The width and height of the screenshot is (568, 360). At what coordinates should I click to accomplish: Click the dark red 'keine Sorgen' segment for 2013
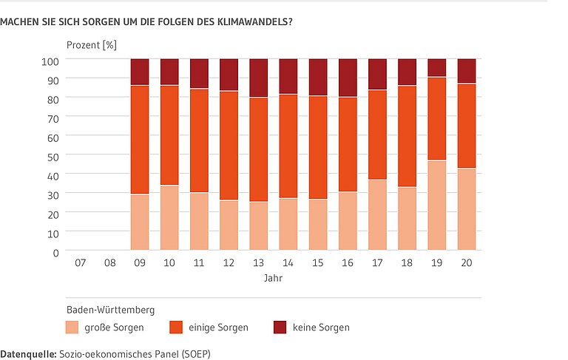(258, 78)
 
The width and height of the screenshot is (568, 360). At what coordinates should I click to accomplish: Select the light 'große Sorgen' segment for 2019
(436, 205)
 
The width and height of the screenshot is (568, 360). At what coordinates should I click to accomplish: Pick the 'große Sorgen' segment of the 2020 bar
(467, 209)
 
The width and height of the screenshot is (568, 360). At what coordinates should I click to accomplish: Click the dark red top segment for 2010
(169, 72)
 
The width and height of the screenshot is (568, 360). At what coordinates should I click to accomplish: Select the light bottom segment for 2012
(229, 225)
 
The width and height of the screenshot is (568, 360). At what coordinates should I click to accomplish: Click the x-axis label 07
(80, 262)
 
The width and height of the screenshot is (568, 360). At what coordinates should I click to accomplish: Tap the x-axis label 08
(109, 262)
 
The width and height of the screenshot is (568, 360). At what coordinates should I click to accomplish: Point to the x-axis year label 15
(318, 262)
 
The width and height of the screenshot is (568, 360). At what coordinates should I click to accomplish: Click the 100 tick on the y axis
(49, 59)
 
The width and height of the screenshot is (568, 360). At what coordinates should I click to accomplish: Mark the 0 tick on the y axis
(55, 251)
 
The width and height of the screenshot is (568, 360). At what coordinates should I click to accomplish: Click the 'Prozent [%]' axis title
(92, 44)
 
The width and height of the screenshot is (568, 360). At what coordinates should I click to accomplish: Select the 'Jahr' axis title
(273, 279)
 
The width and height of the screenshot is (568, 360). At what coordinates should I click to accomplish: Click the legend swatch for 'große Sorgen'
(72, 327)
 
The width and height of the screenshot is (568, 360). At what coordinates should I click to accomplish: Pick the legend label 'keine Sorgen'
(321, 327)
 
